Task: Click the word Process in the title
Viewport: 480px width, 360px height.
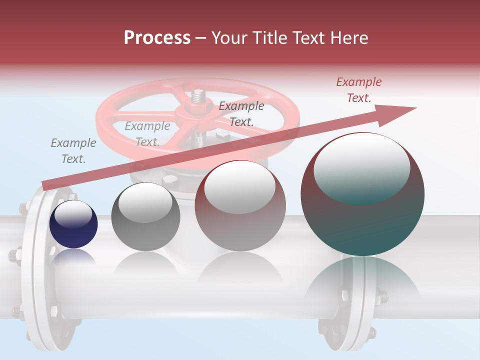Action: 157,37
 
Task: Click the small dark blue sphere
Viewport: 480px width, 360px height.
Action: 73,224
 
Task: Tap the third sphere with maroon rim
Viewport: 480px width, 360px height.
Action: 240,205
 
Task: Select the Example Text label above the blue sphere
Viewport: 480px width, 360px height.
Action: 73,150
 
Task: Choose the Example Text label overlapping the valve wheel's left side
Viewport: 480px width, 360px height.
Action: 147,133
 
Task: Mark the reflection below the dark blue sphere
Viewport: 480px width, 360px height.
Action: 73,256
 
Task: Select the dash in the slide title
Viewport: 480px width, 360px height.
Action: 200,38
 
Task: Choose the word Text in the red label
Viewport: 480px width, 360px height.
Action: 358,98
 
